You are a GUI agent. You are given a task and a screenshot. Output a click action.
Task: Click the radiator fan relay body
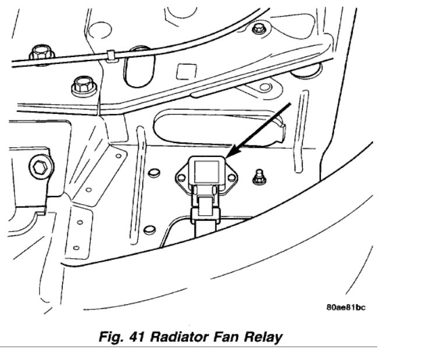[203, 174]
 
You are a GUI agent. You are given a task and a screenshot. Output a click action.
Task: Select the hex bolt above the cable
[41, 52]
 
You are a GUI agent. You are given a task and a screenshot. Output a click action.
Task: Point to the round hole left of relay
[154, 173]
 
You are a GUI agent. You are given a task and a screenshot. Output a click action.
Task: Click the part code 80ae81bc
[346, 308]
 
